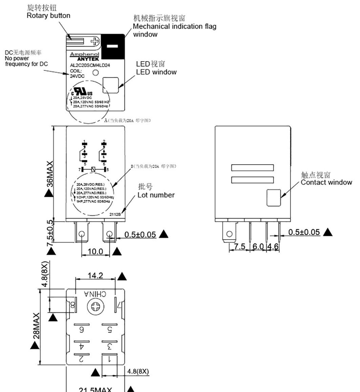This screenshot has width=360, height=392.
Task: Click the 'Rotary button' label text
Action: click(x=48, y=16)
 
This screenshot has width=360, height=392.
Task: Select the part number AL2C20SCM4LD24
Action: click(x=87, y=65)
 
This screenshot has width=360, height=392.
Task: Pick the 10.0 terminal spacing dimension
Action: click(x=96, y=252)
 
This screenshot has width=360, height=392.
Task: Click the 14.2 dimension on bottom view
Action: click(x=95, y=276)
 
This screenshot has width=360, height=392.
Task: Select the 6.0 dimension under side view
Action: click(x=258, y=246)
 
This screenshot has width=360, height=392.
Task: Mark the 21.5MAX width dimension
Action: click(x=95, y=389)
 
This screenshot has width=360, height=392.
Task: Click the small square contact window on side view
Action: click(x=273, y=197)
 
